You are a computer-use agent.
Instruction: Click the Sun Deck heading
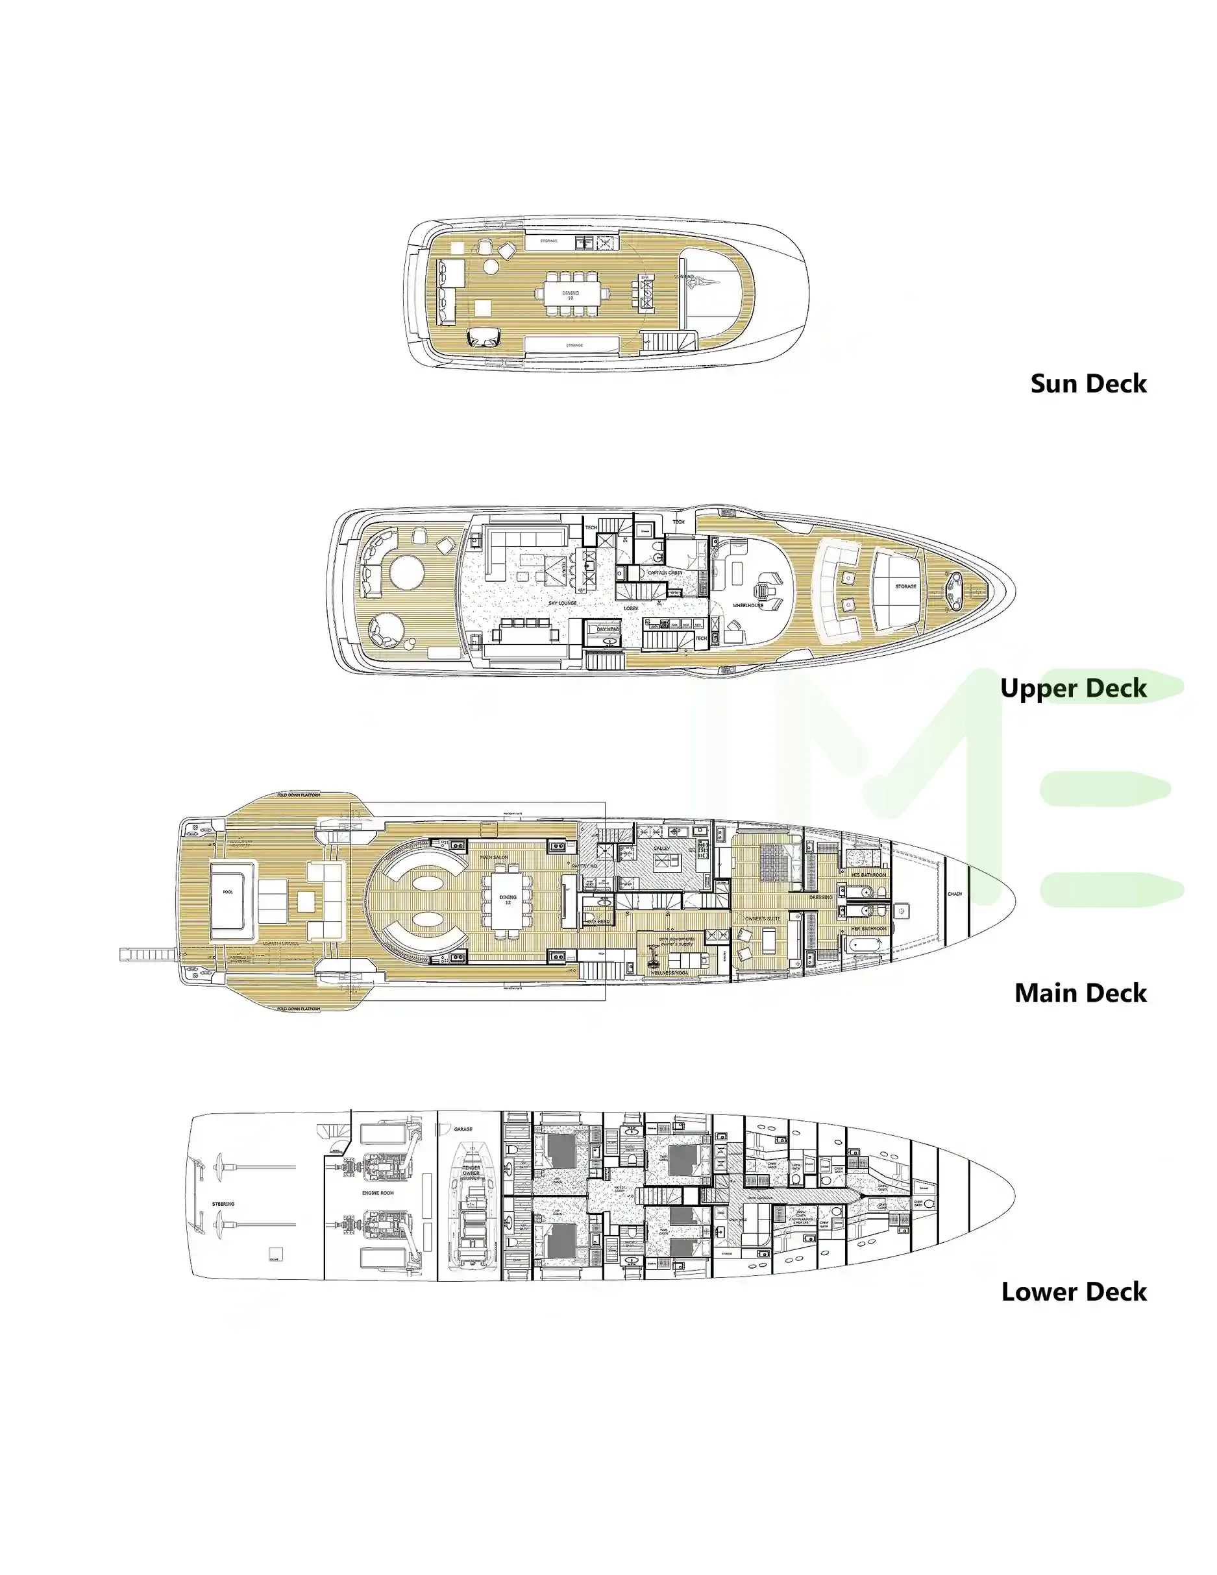[x=1087, y=383]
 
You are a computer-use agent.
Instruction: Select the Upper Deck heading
[x=1073, y=688]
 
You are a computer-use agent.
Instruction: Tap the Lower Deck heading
[x=1073, y=1291]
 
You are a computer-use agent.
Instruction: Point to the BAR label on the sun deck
[x=645, y=278]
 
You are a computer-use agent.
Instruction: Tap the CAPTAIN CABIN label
[x=665, y=573]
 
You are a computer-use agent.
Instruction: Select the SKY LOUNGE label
[x=562, y=603]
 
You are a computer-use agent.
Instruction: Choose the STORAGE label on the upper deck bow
[x=905, y=586]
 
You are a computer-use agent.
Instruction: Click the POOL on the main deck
[x=228, y=892]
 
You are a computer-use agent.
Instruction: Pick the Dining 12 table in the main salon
[x=508, y=900]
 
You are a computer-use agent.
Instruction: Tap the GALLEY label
[x=661, y=848]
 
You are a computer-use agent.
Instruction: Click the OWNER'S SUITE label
[x=763, y=919]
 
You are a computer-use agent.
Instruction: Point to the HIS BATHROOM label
[x=868, y=875]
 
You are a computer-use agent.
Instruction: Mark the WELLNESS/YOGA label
[x=669, y=973]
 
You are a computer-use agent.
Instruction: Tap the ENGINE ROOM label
[x=377, y=1193]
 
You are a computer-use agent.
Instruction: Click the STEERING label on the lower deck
[x=223, y=1203]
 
